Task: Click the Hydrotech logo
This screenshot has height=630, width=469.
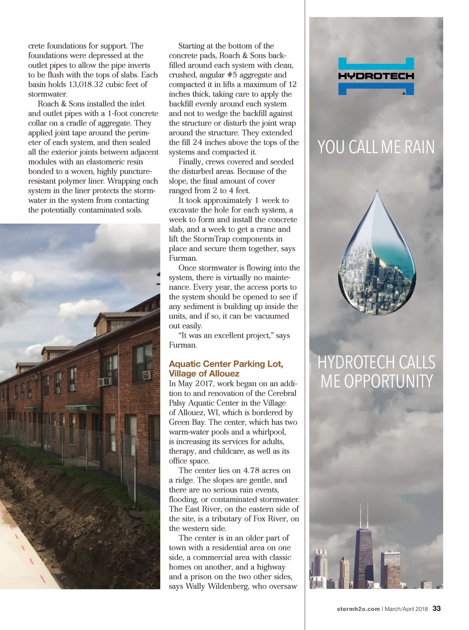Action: tap(376, 76)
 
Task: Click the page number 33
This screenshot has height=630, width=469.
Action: tap(437, 609)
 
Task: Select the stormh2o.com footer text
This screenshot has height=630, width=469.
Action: tap(358, 609)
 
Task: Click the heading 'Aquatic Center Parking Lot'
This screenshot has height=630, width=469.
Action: tap(226, 364)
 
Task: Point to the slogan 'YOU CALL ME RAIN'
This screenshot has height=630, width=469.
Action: tap(376, 147)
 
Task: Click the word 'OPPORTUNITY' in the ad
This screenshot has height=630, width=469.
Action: tap(377, 381)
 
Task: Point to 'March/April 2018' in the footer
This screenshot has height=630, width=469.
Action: tap(406, 609)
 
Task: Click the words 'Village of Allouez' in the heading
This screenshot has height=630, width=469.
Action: tap(204, 374)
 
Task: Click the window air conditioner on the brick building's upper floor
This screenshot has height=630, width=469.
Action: tap(105, 381)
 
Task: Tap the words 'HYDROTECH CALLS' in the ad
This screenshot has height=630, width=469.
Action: tap(376, 362)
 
